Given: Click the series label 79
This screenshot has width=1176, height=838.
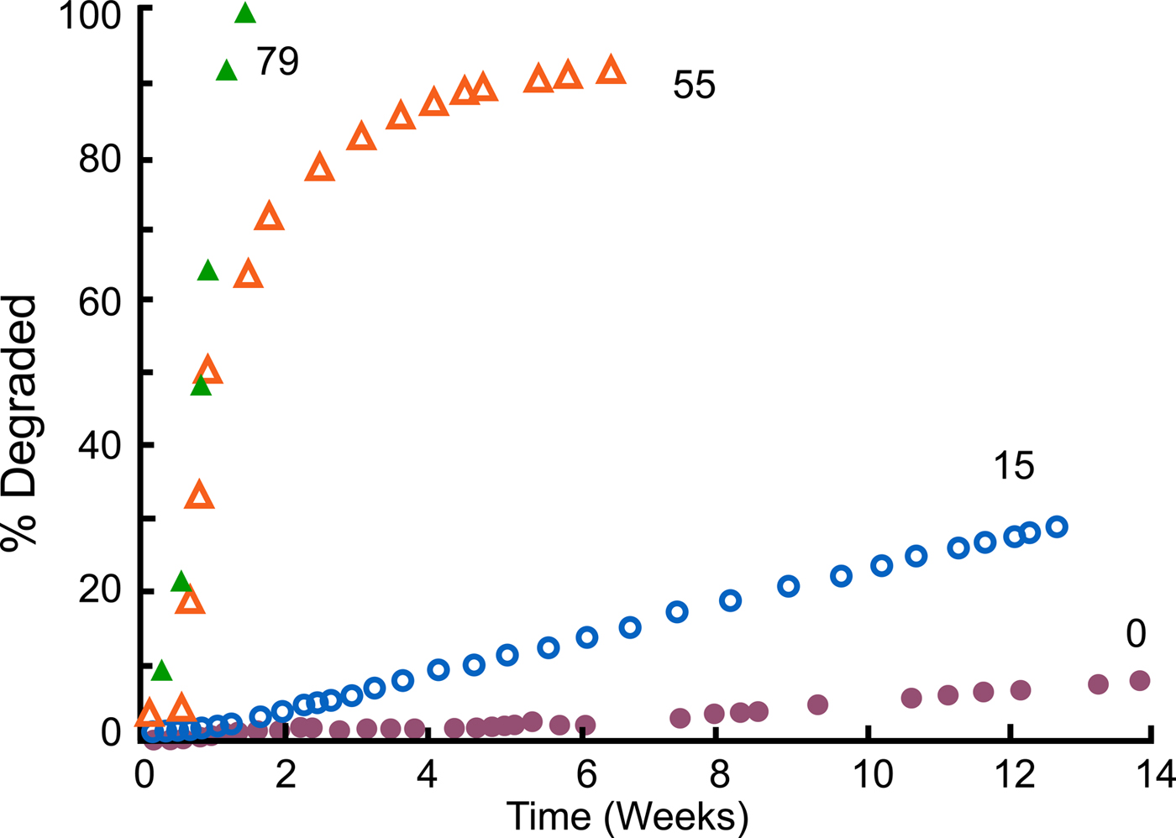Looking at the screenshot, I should [x=277, y=62].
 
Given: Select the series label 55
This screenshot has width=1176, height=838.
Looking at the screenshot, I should [x=694, y=86].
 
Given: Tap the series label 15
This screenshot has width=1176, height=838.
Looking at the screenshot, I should [x=1013, y=466].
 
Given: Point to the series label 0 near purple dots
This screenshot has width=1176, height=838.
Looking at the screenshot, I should [x=1136, y=635].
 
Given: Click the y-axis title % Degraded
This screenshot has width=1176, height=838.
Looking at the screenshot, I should [x=20, y=422].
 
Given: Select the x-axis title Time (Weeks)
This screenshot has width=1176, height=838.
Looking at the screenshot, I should [x=627, y=816].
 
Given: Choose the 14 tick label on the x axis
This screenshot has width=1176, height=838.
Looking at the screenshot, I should [x=1156, y=774].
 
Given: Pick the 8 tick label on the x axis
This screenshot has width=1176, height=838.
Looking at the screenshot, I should [x=719, y=774].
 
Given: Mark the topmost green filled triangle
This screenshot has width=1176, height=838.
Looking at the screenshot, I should [x=244, y=13].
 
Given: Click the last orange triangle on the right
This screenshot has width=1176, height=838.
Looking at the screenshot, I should [x=611, y=71].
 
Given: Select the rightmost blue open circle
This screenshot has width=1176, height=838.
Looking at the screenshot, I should [x=1057, y=526].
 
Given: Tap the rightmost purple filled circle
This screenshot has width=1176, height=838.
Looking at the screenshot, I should [x=1139, y=680].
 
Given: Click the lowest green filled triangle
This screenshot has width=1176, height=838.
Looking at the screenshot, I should [x=161, y=671].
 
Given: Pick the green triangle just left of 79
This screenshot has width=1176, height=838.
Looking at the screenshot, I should [x=227, y=71].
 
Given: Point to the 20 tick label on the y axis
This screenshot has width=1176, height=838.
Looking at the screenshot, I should [x=99, y=591].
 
